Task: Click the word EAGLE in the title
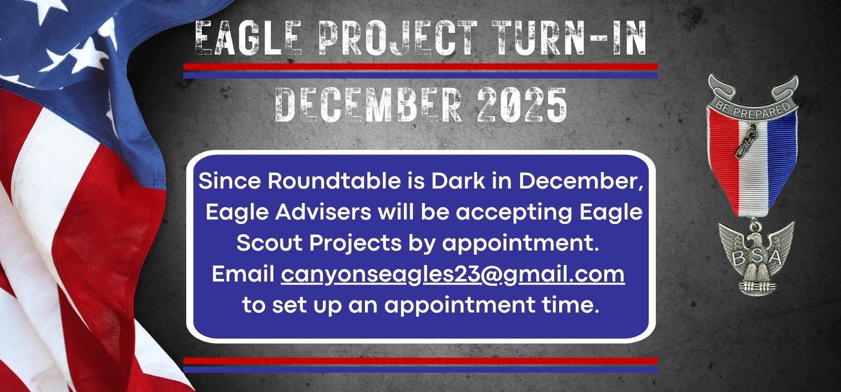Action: [x=249, y=38]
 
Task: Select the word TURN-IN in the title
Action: [x=569, y=38]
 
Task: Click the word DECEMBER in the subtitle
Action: [x=368, y=104]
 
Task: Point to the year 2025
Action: [x=522, y=104]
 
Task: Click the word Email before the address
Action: [x=243, y=274]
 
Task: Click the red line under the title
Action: [x=420, y=67]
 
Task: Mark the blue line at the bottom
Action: [x=420, y=369]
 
